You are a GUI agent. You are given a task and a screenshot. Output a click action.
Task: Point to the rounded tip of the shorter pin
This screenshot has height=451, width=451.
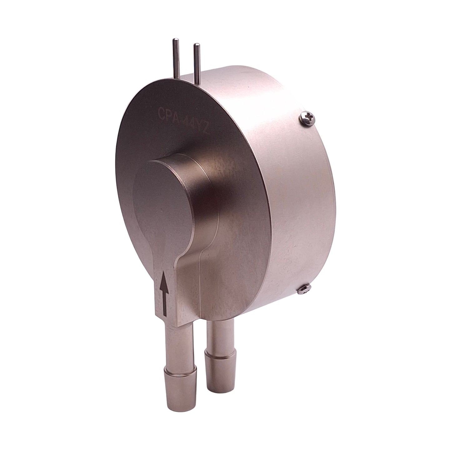tap(197, 46)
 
